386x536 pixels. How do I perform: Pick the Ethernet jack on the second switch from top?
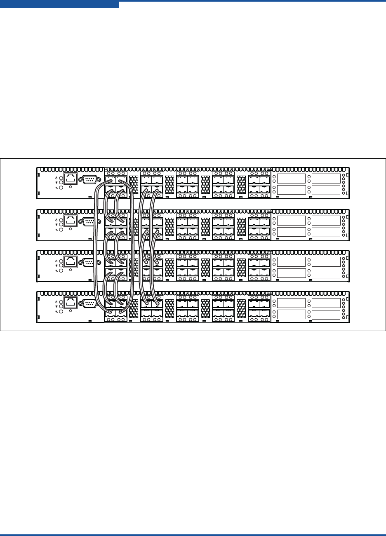71,221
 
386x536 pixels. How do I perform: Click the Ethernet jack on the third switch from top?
71,262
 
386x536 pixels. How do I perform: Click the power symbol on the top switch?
56,178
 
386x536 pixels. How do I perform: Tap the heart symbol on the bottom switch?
56,307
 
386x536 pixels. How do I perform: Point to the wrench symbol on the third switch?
56,271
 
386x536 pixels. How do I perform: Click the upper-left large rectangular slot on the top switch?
291,179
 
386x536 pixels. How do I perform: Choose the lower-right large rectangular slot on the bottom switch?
326,314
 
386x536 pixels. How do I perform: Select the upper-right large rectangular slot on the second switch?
326,220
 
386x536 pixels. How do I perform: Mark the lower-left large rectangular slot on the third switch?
291,273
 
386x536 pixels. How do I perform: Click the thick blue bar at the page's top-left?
59,4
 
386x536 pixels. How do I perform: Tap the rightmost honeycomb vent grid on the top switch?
241,184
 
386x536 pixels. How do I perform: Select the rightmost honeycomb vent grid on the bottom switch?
241,308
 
